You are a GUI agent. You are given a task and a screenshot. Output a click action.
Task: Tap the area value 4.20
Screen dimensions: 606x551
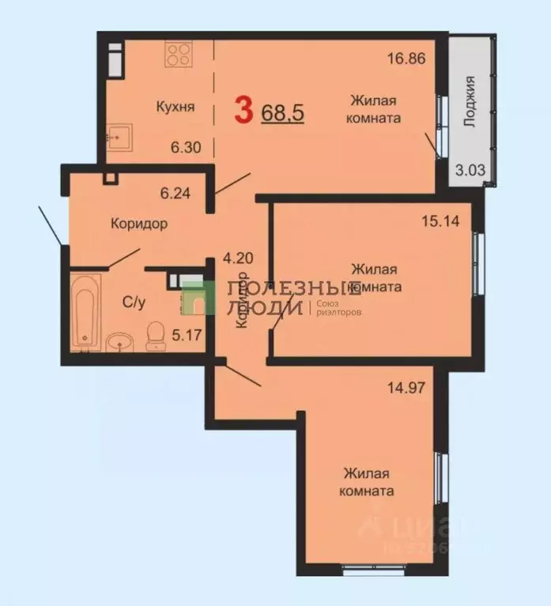[x=238, y=258]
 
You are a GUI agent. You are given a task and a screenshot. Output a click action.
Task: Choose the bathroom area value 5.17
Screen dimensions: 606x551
[x=188, y=334]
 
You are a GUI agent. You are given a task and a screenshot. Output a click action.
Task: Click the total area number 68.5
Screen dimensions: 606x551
[x=283, y=112]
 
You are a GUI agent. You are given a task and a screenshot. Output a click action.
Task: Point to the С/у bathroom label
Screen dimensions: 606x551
[x=133, y=301]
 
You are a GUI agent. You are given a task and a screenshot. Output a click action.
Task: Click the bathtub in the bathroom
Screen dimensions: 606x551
[x=84, y=310]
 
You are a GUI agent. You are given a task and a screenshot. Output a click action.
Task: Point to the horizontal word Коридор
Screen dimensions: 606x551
[x=139, y=224]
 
